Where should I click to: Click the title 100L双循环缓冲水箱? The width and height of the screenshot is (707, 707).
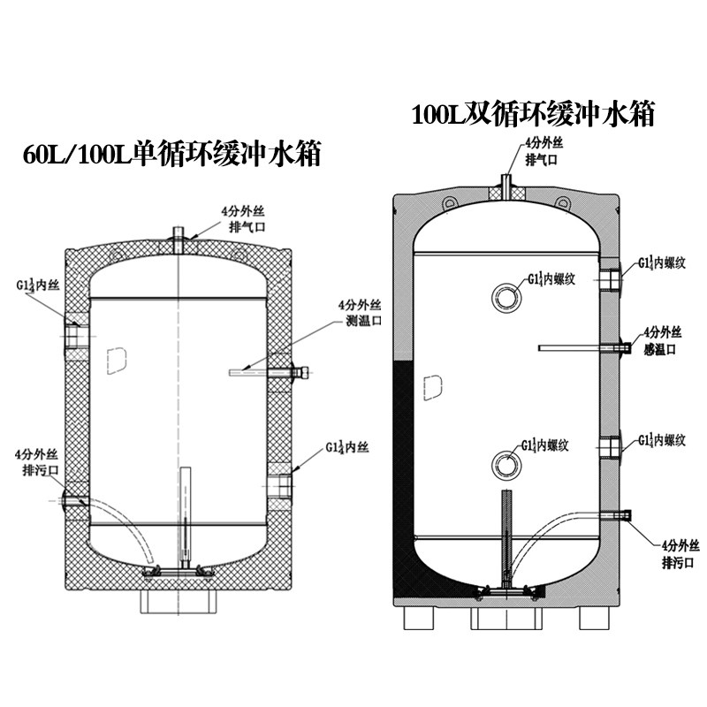[x=533, y=115]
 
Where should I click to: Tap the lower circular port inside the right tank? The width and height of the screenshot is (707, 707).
[x=506, y=461]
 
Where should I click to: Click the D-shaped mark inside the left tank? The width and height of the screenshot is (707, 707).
[x=113, y=357]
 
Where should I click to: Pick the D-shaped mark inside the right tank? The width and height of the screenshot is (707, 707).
[x=432, y=385]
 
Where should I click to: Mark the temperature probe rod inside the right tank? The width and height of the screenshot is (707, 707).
[x=574, y=348]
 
